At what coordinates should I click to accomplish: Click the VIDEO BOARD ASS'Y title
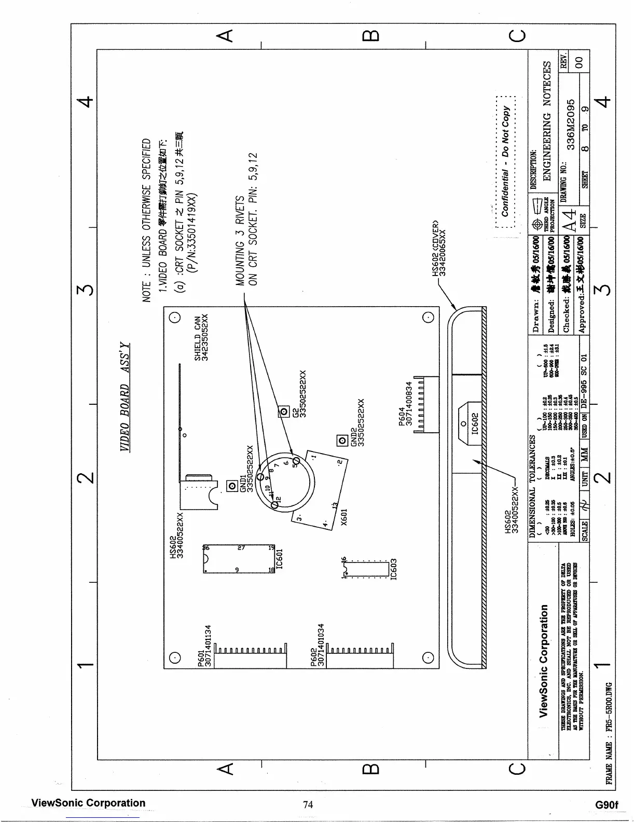click(125, 397)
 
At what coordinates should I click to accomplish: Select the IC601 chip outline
click(239, 558)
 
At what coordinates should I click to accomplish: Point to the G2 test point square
click(283, 412)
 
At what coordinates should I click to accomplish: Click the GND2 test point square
click(342, 441)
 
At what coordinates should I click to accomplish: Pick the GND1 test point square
click(233, 486)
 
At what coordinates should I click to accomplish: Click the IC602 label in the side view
click(473, 423)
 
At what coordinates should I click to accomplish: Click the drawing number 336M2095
click(571, 125)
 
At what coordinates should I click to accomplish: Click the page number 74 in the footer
click(308, 804)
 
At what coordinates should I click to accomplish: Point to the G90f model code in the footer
click(607, 805)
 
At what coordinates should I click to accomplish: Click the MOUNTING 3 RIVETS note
click(240, 241)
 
